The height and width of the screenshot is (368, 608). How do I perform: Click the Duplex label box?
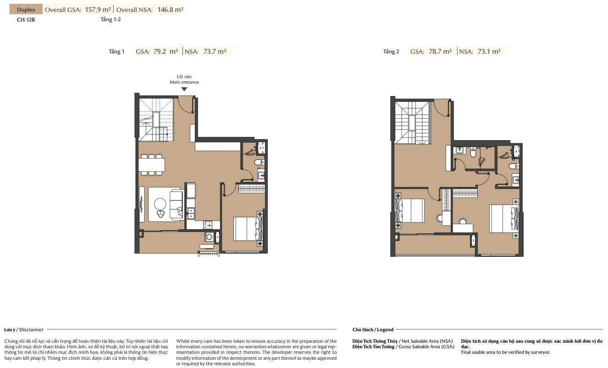(x=26, y=9)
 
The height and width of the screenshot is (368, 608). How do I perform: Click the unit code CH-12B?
(x=26, y=20)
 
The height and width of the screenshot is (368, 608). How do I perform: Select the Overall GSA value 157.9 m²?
(x=98, y=10)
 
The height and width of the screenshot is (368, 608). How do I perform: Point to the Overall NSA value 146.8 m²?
(x=170, y=10)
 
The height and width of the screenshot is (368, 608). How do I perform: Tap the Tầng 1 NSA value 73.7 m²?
(x=215, y=51)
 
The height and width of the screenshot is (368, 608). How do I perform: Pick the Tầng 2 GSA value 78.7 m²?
(x=440, y=51)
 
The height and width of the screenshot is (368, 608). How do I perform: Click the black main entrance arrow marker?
(x=184, y=89)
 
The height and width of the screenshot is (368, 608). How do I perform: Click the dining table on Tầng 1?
(x=151, y=165)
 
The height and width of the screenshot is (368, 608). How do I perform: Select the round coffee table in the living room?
(x=160, y=204)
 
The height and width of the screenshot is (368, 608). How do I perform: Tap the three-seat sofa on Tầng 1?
(x=177, y=205)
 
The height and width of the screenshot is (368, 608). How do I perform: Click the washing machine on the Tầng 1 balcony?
(x=209, y=237)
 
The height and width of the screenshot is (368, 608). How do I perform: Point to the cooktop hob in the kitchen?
(x=208, y=225)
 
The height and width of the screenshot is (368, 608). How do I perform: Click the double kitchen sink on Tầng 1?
(x=191, y=213)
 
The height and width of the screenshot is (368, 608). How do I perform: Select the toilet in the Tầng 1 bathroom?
(x=259, y=162)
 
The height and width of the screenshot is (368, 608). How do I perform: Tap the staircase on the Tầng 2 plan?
(x=412, y=123)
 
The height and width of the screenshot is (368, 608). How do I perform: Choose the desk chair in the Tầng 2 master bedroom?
(x=463, y=221)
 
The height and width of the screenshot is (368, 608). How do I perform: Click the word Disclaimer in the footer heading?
(x=31, y=330)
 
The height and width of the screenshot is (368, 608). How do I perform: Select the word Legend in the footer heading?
(x=385, y=330)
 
